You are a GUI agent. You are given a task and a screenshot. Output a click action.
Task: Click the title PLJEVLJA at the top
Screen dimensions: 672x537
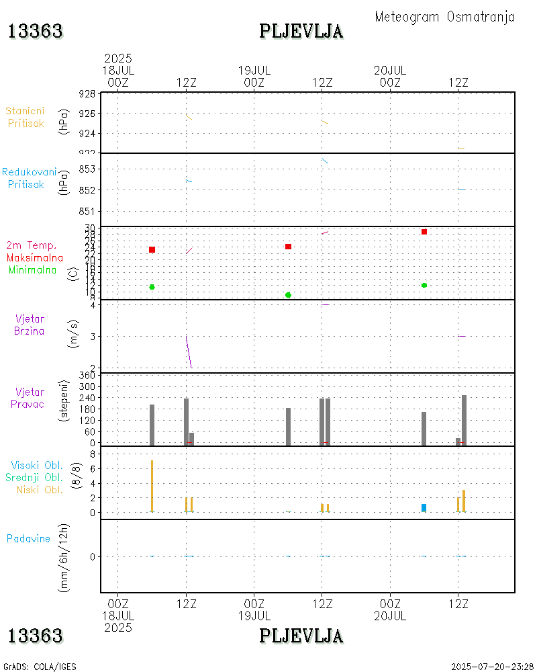[301, 31]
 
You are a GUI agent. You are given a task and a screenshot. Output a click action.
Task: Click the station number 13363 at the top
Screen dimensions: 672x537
[35, 31]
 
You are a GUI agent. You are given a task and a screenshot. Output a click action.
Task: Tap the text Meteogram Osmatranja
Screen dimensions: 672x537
[444, 17]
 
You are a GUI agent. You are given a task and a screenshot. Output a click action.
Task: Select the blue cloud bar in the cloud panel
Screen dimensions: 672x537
[424, 507]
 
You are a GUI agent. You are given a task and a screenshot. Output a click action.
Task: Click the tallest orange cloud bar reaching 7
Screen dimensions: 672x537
[152, 486]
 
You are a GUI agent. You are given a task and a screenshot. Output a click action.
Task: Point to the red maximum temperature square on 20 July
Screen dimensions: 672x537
[424, 232]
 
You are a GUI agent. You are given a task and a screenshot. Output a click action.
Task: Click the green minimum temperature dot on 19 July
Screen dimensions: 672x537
[288, 295]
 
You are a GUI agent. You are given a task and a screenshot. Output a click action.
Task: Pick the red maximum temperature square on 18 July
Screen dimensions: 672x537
[152, 250]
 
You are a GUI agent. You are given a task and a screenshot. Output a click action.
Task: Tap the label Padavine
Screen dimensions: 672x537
[28, 538]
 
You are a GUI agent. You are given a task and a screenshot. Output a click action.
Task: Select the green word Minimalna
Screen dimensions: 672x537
[33, 270]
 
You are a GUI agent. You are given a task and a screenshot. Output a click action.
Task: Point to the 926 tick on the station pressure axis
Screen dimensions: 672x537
[87, 114]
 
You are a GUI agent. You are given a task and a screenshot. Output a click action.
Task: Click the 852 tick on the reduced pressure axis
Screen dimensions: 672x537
[87, 190]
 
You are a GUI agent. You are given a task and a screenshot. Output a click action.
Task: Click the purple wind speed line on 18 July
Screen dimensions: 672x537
[189, 351]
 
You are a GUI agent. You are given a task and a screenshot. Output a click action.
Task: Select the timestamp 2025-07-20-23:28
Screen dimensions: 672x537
[492, 667]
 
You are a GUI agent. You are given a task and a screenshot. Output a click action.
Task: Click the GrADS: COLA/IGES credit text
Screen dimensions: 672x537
[40, 667]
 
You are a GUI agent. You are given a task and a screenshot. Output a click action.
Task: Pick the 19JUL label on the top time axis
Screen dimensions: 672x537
[254, 70]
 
